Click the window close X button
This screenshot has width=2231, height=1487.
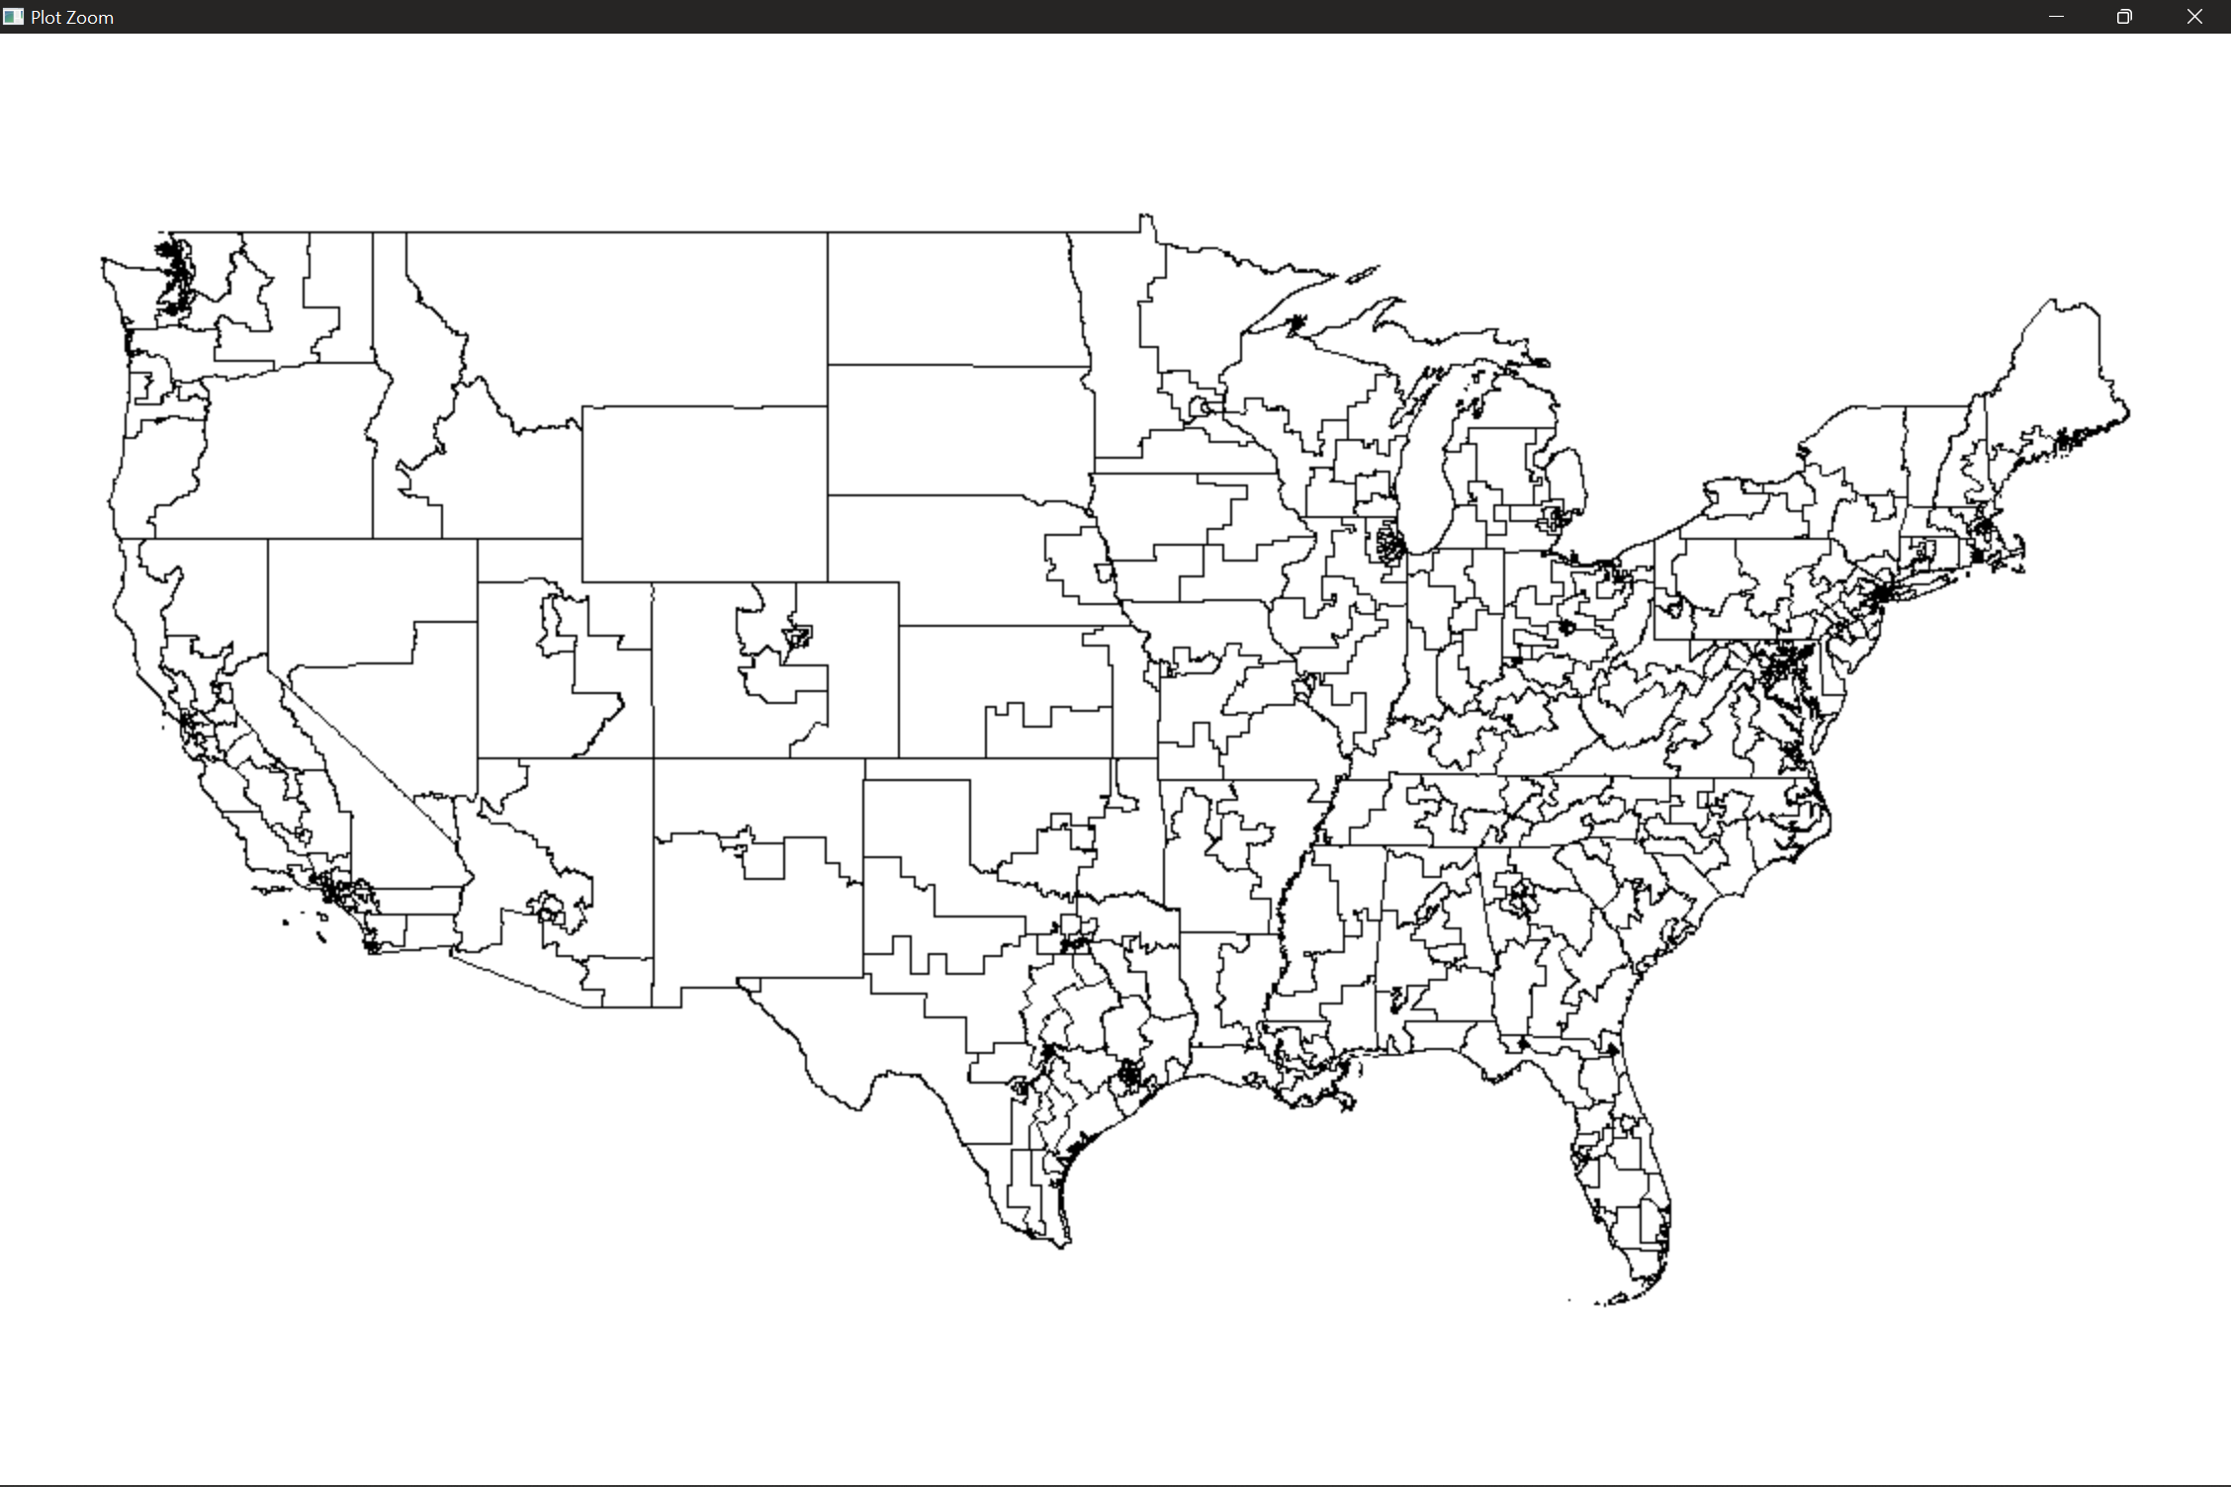pos(2193,17)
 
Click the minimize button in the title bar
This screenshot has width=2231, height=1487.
pos(2056,17)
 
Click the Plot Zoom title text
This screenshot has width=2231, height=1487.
pos(72,18)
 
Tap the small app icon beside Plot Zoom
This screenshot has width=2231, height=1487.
pos(13,17)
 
